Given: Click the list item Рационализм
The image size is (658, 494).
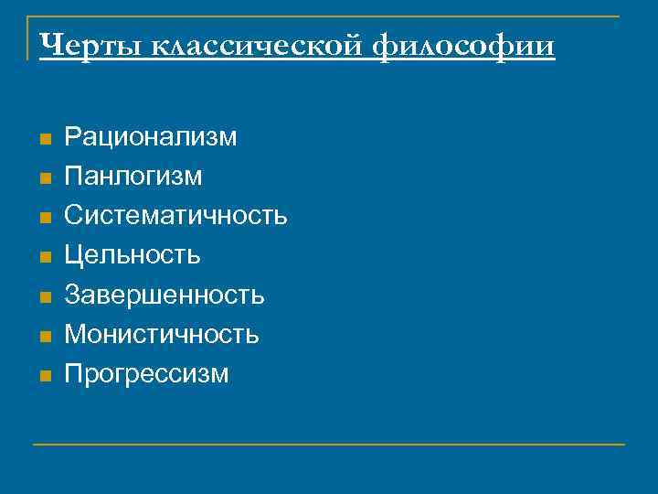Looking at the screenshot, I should pyautogui.click(x=151, y=137).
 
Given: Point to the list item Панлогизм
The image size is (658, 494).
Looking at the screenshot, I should pyautogui.click(x=133, y=177).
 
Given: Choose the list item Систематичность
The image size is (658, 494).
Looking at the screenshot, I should pyautogui.click(x=176, y=216).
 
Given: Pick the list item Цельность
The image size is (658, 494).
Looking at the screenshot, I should pyautogui.click(x=133, y=255).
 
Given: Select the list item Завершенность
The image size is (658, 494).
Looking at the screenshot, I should pyautogui.click(x=164, y=295).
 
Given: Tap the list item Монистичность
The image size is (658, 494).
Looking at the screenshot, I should pyautogui.click(x=162, y=334).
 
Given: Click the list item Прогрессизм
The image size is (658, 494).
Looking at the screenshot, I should pyautogui.click(x=147, y=373).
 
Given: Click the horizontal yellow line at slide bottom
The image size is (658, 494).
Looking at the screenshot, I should pyautogui.click(x=329, y=445).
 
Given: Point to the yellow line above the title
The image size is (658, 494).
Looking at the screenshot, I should pyautogui.click(x=329, y=16).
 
